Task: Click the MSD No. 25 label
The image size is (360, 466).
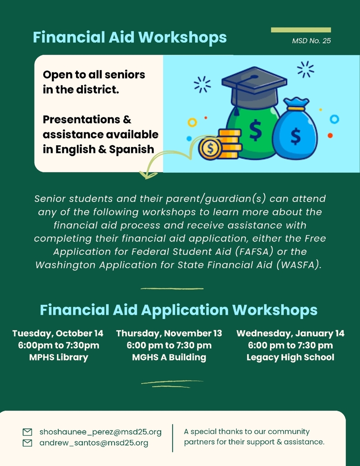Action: (311, 41)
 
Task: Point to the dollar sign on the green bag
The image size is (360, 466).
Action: (255, 130)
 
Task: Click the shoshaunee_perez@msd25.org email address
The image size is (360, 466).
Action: (101, 432)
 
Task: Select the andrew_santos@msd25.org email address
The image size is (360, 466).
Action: (94, 443)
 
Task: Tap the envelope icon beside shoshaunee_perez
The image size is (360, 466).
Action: (27, 432)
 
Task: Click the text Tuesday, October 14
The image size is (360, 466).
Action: (58, 334)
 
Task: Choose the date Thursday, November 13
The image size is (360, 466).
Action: (169, 334)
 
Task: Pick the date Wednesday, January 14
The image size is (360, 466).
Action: (290, 334)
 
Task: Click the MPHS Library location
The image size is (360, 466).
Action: (59, 357)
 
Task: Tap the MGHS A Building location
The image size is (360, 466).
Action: (169, 357)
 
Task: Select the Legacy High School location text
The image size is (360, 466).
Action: (290, 357)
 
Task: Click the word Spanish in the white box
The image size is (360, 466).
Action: (132, 149)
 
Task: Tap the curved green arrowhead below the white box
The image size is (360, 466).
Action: (148, 175)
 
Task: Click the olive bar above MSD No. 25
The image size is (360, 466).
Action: (301, 30)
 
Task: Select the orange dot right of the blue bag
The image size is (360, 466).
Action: (330, 136)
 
